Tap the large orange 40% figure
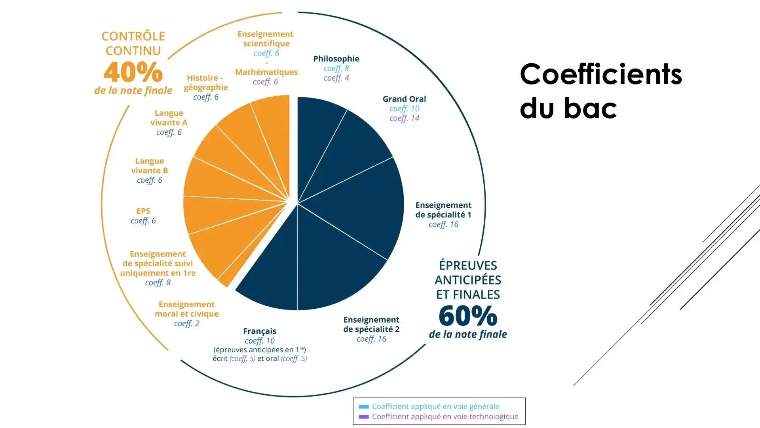(x=133, y=72)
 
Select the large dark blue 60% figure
(x=468, y=316)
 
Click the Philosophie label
(x=336, y=59)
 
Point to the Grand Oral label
(x=404, y=99)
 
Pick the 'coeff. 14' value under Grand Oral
(x=404, y=118)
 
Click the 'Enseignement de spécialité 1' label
(x=443, y=210)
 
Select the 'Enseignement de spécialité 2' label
(x=371, y=325)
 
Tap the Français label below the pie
(x=260, y=331)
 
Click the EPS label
(x=143, y=211)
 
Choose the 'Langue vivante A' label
(x=169, y=118)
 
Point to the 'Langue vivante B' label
(x=150, y=166)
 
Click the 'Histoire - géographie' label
(x=205, y=82)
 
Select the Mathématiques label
(x=266, y=72)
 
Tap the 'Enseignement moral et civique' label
(x=186, y=309)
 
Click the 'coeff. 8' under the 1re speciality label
(x=158, y=283)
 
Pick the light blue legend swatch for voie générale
(x=363, y=407)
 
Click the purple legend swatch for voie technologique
(x=363, y=417)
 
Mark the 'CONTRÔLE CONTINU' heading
(x=133, y=43)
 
